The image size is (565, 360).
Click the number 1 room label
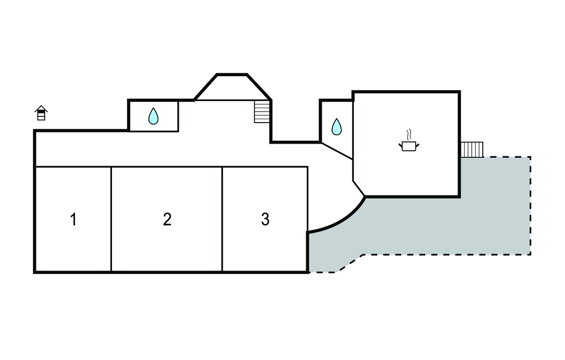coord(73,219)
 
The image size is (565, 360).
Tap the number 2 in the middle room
coord(167,219)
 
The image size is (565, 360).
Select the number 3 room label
coord(265,219)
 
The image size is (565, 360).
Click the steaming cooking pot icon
coord(408,145)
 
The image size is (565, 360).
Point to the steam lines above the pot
coord(408,135)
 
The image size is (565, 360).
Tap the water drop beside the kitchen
coord(337,128)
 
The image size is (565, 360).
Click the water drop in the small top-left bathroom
coord(153,116)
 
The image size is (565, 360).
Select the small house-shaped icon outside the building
coord(41,113)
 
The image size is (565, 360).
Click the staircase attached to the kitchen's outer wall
coord(472,149)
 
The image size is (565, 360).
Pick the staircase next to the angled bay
coord(262,111)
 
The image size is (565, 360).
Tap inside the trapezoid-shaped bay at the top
coord(232,88)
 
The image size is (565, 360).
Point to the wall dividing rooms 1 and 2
coord(111,219)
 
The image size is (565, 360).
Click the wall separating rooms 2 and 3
coord(222,219)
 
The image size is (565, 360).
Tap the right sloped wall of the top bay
coord(259,86)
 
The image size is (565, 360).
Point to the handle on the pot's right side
coord(418,145)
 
